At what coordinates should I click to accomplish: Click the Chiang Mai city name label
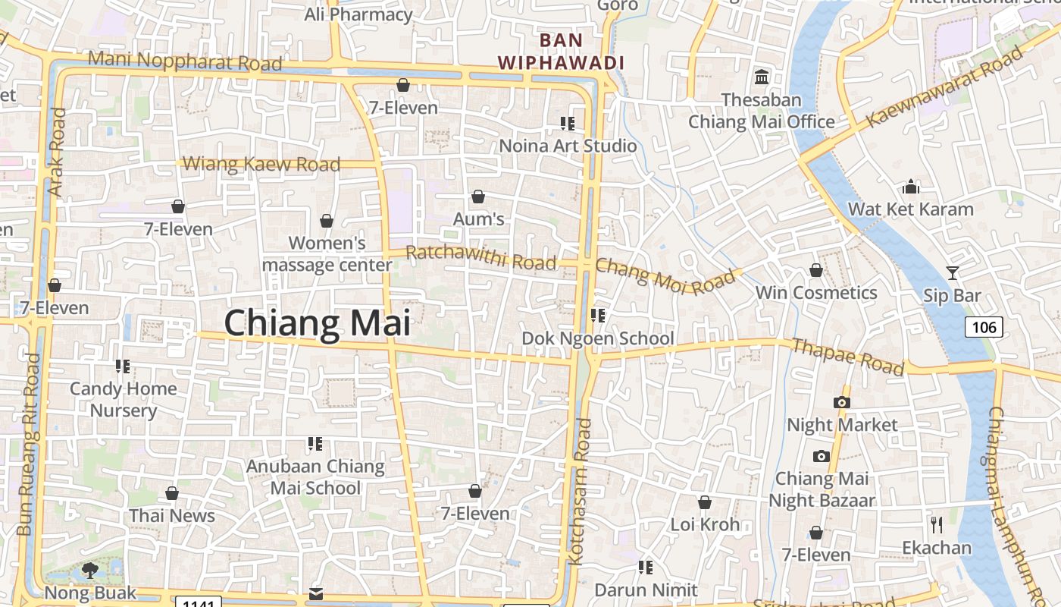[x=318, y=323]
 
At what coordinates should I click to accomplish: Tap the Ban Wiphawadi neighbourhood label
[x=561, y=51]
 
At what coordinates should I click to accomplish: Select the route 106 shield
[x=984, y=327]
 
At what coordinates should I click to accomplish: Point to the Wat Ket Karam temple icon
[x=910, y=187]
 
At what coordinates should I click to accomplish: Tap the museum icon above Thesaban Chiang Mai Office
[x=762, y=77]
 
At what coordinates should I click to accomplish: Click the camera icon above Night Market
[x=841, y=402]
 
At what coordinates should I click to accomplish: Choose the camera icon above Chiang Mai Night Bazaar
[x=821, y=456]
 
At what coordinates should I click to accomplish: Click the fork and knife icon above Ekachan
[x=937, y=524]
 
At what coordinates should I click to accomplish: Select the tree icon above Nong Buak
[x=90, y=570]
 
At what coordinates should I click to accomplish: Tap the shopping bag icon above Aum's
[x=478, y=197]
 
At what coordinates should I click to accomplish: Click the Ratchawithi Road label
[x=481, y=257]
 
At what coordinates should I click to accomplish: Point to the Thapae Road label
[x=848, y=357]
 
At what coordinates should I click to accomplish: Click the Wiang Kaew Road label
[x=261, y=164]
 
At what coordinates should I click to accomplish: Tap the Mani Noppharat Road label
[x=185, y=61]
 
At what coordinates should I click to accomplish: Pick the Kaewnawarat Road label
[x=944, y=86]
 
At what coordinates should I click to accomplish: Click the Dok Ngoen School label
[x=598, y=338]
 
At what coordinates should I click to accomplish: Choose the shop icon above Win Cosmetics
[x=816, y=270]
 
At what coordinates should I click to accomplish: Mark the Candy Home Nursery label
[x=124, y=400]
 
